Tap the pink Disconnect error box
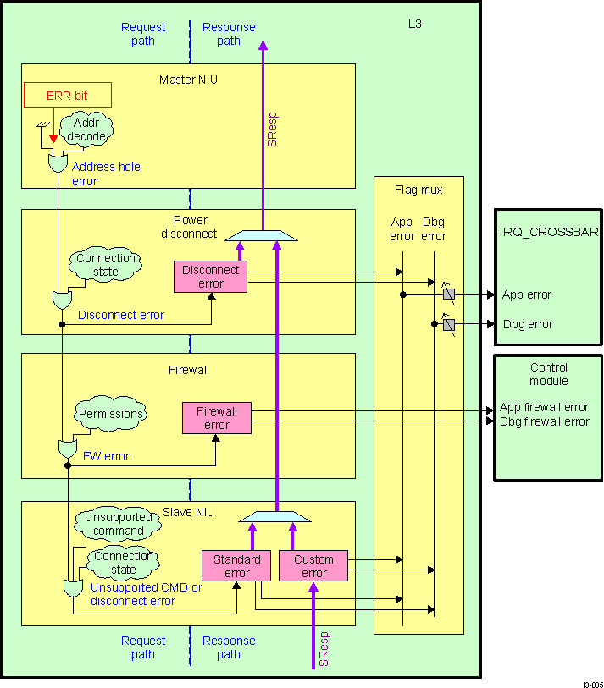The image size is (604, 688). [x=210, y=277]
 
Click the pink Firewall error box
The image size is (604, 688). [x=217, y=418]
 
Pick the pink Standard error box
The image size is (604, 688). [x=236, y=566]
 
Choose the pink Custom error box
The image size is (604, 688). [x=313, y=566]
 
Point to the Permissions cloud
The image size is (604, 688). [x=110, y=415]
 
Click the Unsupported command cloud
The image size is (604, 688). [x=119, y=524]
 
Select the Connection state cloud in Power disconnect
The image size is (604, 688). [x=106, y=266]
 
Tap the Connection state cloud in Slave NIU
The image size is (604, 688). [x=124, y=563]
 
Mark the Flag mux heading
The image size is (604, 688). [x=418, y=190]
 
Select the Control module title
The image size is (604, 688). [x=548, y=374]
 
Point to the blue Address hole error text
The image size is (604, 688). [x=106, y=173]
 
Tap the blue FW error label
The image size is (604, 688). [x=106, y=456]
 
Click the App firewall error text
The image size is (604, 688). [x=544, y=407]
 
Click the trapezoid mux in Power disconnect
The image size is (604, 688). [x=260, y=235]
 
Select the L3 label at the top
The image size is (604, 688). [x=414, y=25]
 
